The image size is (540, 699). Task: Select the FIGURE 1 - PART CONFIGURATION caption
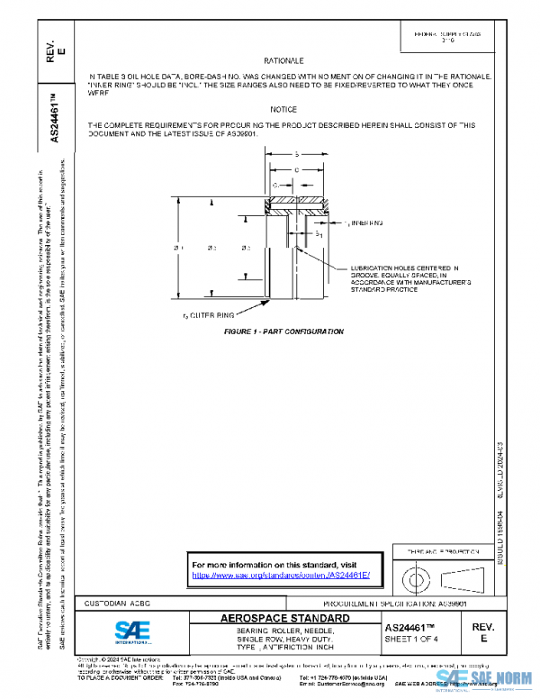click(x=283, y=332)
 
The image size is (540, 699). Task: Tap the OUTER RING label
click(x=211, y=314)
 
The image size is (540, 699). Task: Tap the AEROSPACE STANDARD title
click(x=285, y=619)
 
